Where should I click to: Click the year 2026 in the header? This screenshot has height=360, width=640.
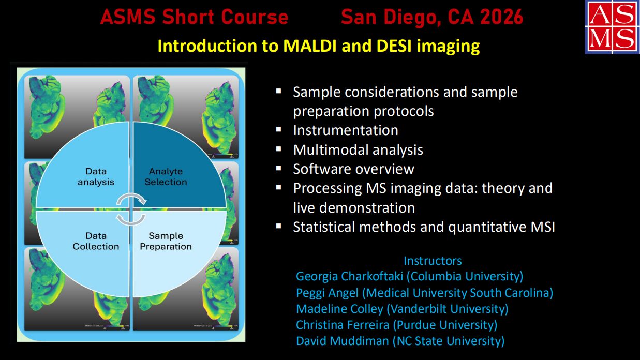tap(501, 18)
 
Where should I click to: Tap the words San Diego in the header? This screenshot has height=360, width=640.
tap(386, 18)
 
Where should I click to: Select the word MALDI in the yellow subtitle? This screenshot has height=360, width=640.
tap(307, 46)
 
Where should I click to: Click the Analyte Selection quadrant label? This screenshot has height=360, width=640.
tap(166, 177)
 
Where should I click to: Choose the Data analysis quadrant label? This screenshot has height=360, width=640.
tap(96, 177)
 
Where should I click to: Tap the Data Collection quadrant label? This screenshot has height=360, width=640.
tap(96, 241)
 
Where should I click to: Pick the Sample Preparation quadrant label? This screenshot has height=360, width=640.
tap(166, 241)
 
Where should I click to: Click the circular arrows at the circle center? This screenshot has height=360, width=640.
tap(131, 209)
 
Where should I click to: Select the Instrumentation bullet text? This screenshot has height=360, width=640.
tap(346, 130)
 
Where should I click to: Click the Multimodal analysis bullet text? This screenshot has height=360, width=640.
tap(358, 150)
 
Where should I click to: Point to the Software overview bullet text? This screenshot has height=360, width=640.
tap(353, 169)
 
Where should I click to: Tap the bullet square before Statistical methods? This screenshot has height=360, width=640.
tap(279, 226)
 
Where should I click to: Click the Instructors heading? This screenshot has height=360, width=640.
tap(433, 261)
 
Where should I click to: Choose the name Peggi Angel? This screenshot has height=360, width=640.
tap(327, 293)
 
